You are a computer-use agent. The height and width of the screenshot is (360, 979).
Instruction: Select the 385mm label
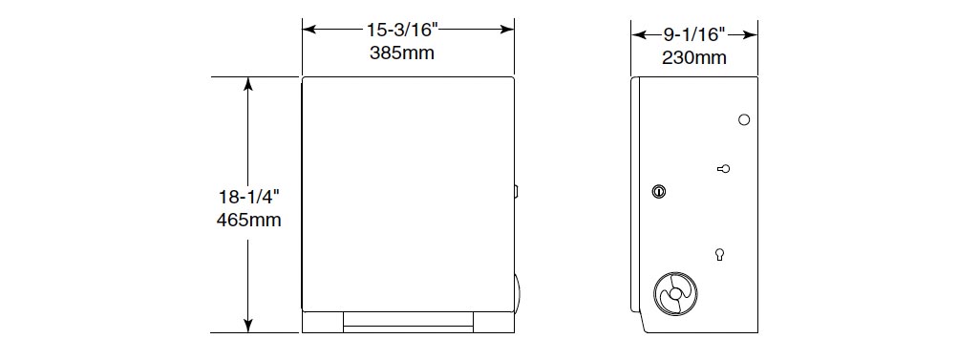401,53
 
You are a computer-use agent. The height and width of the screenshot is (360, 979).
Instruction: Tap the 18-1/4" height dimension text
248,197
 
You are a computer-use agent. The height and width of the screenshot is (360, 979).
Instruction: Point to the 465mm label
248,221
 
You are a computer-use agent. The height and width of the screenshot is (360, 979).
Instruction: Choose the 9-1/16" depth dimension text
694,35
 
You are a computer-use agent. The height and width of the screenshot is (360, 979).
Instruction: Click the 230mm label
694,58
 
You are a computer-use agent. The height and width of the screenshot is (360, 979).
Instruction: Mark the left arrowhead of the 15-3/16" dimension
309,30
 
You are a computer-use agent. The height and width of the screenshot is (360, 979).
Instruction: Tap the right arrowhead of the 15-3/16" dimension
506,30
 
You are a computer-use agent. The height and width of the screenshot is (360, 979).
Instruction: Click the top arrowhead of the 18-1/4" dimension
248,84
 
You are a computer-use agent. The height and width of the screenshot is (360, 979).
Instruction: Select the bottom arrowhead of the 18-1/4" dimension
248,325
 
